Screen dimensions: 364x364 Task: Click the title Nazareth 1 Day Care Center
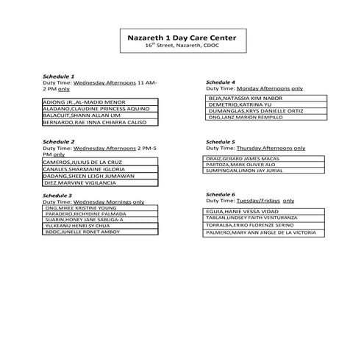[x=182, y=38]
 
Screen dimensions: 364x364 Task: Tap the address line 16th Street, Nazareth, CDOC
[x=182, y=46]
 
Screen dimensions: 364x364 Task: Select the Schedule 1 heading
[x=58, y=76]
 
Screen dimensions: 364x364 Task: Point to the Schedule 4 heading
[x=220, y=82]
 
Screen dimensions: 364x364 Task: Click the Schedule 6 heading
[x=220, y=194]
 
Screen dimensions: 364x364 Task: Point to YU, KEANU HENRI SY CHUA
[x=83, y=225]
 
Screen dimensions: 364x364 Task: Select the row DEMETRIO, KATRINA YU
[x=250, y=104]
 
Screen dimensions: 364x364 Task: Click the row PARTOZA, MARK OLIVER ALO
[x=249, y=164]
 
